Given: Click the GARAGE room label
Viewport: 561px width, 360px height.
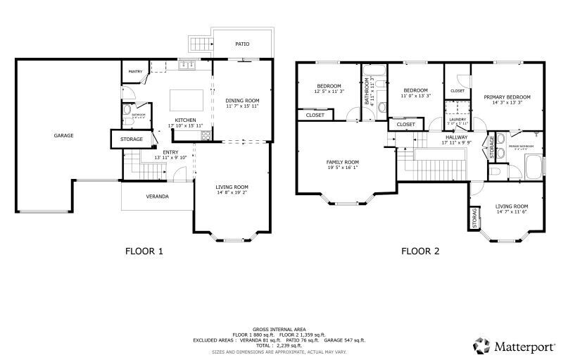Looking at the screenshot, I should coord(63,135).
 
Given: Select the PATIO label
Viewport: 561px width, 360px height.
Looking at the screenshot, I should coord(241,44).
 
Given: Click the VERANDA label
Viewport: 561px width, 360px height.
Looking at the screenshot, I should coord(157,196).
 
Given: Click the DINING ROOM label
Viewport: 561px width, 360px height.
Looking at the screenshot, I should coord(242,101).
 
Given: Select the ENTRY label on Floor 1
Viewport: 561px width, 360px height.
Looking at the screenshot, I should coord(170,152).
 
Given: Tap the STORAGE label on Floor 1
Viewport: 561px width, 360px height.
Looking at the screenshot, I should coord(132,139).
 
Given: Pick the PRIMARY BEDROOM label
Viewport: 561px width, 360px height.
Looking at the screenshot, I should coord(507,97).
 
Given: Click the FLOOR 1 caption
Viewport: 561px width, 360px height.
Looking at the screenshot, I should coord(144,251).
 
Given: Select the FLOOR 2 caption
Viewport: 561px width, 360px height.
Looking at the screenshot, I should coord(420,251).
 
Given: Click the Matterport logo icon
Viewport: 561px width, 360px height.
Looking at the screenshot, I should coord(481,345).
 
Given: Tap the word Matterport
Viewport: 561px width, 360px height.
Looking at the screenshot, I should coord(522,346).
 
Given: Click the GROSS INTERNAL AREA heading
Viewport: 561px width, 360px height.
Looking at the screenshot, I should coord(279,329).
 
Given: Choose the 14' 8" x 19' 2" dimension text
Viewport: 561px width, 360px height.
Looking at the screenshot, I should coord(232,192).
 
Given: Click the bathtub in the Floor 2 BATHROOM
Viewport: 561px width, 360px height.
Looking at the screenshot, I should coord(374,71).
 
